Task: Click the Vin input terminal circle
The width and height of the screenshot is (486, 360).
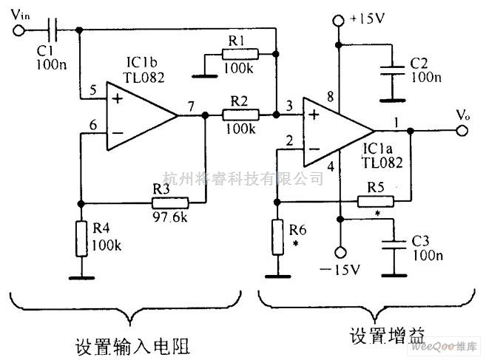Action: [20, 30]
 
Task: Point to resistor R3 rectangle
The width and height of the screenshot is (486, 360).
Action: [170, 202]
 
